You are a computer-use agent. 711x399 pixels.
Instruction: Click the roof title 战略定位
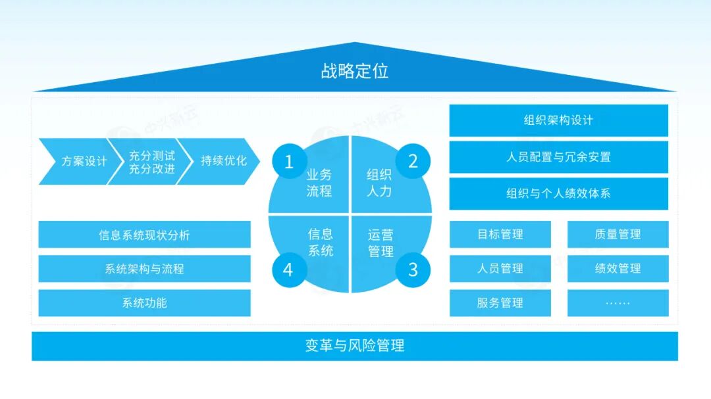[354, 71]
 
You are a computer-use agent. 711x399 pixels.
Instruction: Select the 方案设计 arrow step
[82, 161]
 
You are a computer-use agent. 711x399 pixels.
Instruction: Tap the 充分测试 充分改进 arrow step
[151, 162]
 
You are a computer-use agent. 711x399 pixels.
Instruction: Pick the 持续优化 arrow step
[223, 161]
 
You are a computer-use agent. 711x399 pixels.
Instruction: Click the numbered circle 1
[288, 162]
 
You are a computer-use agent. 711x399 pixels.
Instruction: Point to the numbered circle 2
[413, 162]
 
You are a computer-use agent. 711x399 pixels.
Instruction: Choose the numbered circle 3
[413, 269]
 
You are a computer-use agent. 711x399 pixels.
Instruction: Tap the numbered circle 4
[288, 269]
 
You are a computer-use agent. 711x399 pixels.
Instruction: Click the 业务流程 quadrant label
[319, 183]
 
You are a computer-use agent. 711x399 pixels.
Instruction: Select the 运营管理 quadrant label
[381, 243]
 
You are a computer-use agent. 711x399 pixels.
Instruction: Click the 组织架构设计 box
[558, 120]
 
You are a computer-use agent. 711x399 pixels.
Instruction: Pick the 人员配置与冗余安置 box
[558, 157]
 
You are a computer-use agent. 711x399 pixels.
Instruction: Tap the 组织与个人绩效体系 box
[558, 194]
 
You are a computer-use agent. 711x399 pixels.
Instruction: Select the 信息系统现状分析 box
[144, 235]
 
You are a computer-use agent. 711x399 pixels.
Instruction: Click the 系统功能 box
[144, 303]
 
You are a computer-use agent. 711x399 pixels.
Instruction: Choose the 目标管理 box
[500, 235]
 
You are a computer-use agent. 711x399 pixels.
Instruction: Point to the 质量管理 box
[618, 235]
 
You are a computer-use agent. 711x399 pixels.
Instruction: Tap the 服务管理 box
[500, 303]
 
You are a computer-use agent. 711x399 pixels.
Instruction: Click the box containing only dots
[618, 303]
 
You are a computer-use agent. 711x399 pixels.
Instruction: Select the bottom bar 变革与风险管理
[354, 346]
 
